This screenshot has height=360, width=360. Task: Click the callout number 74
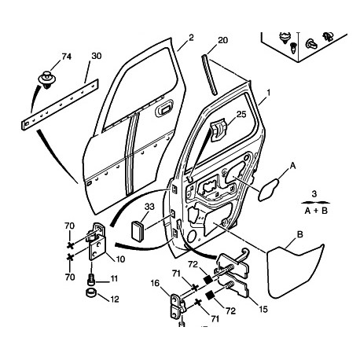(66, 57)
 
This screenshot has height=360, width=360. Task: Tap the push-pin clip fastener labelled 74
(47, 79)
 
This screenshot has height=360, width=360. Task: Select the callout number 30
(97, 56)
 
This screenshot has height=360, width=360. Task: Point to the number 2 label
(191, 38)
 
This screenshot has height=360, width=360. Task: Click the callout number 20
(223, 40)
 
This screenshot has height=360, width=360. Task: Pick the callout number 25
(241, 114)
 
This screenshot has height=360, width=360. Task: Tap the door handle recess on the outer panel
(164, 108)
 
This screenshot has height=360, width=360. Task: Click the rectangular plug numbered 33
(138, 230)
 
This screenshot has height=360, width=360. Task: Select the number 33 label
(149, 207)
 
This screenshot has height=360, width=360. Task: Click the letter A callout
(293, 166)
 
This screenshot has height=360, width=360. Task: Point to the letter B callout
(300, 234)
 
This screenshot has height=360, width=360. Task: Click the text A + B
(316, 211)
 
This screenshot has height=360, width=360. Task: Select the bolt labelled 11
(90, 279)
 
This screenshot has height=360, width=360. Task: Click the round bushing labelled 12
(91, 292)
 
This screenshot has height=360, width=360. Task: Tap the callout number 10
(120, 259)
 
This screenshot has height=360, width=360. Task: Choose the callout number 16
(155, 283)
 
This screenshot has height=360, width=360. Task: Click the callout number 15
(263, 309)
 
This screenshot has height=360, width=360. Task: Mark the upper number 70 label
(70, 226)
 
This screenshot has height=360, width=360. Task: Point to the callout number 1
(268, 93)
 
